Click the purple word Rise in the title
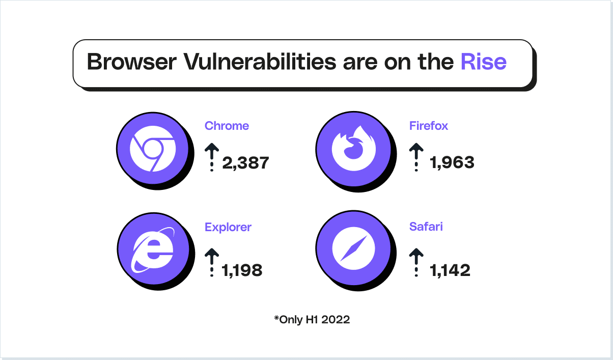point(483,62)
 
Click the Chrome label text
point(227,126)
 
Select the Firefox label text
point(429,126)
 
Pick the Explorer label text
point(228,227)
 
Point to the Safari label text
point(426,227)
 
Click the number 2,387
point(245,163)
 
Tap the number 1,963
point(452,163)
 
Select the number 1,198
point(242,270)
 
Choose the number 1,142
point(450,270)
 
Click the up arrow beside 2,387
point(212,157)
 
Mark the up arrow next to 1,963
point(416,157)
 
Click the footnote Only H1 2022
point(312,320)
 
